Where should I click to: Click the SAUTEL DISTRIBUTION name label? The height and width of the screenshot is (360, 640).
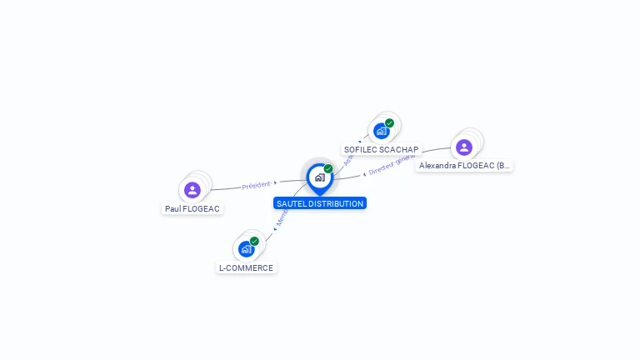(319, 203)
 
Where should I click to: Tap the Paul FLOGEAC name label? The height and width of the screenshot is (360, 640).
(192, 208)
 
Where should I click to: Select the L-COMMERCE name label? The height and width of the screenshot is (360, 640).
(246, 267)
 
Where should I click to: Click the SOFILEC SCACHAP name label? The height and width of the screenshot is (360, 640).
(381, 150)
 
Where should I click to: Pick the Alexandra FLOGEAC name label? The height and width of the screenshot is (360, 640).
(464, 166)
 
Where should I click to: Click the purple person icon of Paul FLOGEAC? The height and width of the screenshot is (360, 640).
(192, 189)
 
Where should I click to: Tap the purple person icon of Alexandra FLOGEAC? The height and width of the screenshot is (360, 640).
(464, 147)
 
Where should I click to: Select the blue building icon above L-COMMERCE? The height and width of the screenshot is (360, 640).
(246, 248)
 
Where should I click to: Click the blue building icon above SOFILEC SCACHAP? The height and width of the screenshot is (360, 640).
(381, 131)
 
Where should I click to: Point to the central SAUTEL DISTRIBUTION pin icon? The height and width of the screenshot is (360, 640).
(319, 177)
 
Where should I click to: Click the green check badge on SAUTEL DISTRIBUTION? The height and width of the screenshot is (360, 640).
(328, 168)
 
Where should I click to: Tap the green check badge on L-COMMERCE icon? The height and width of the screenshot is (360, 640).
(254, 241)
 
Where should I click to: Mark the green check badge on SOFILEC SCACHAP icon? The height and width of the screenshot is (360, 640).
(389, 123)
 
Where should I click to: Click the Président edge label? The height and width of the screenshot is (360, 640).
(256, 186)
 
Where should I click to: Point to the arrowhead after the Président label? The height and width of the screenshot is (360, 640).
(275, 182)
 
